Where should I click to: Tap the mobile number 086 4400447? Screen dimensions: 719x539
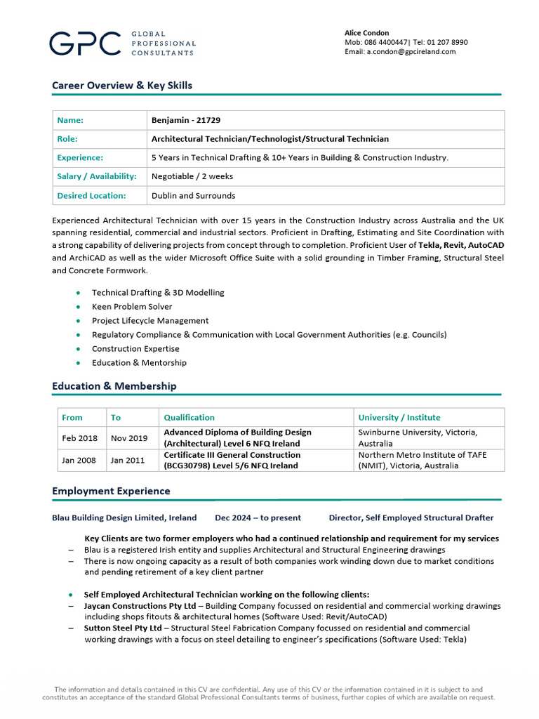[386, 42]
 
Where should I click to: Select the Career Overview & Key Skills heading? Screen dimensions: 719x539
[122, 86]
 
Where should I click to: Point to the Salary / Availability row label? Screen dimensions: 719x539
[97, 176]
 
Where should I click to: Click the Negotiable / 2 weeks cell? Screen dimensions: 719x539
[192, 176]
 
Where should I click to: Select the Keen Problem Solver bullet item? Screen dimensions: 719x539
[132, 307]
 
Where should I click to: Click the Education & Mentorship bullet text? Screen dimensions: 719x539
[139, 363]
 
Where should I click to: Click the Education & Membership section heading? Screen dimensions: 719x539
[114, 386]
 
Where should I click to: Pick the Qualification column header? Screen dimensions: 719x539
[189, 417]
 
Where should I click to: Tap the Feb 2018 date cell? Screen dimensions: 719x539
[80, 438]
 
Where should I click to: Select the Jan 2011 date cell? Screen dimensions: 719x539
[129, 460]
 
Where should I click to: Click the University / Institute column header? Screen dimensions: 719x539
[399, 417]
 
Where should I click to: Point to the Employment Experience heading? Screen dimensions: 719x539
[111, 491]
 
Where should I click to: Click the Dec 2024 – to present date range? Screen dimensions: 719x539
[258, 517]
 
